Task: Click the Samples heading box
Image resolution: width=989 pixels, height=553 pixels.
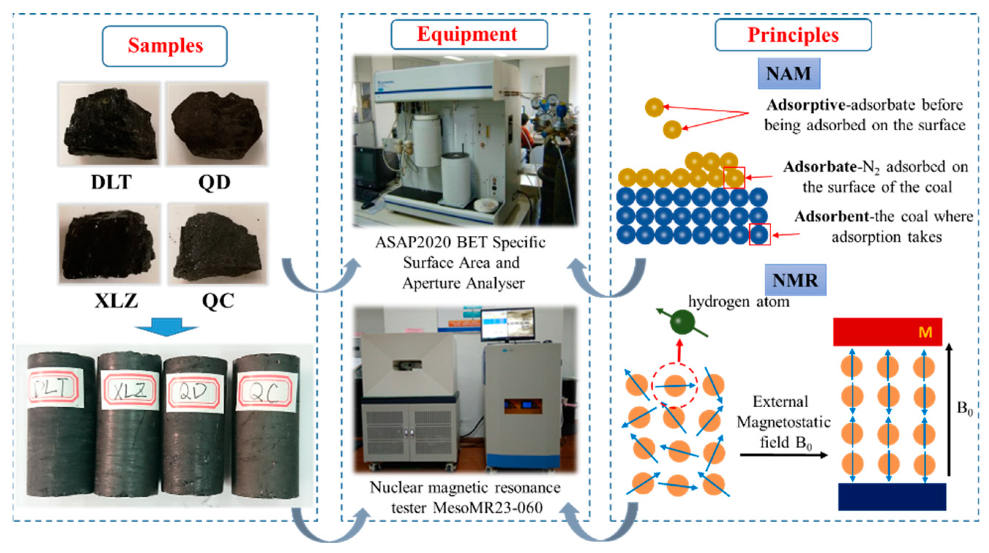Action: click(x=165, y=46)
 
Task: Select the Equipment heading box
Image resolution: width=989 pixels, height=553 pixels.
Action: click(x=469, y=34)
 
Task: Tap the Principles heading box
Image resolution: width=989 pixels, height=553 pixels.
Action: click(x=793, y=35)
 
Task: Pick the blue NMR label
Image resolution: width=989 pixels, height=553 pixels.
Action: click(x=795, y=280)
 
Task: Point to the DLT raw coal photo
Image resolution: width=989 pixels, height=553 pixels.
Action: click(x=109, y=124)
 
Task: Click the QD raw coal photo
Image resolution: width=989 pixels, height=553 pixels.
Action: click(x=217, y=124)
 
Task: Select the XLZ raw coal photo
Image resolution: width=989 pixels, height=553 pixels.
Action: click(x=110, y=244)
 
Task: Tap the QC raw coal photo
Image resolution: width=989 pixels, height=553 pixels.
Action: click(x=218, y=244)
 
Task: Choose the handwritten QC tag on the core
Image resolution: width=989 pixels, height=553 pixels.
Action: click(x=267, y=392)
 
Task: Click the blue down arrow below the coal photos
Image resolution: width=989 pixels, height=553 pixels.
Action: click(x=166, y=327)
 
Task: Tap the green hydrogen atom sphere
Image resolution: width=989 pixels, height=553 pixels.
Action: click(x=682, y=322)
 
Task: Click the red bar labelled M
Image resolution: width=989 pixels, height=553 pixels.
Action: click(x=887, y=332)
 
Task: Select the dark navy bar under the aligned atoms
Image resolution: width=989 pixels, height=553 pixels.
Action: click(x=892, y=497)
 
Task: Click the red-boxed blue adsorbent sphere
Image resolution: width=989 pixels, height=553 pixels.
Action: click(x=760, y=235)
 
